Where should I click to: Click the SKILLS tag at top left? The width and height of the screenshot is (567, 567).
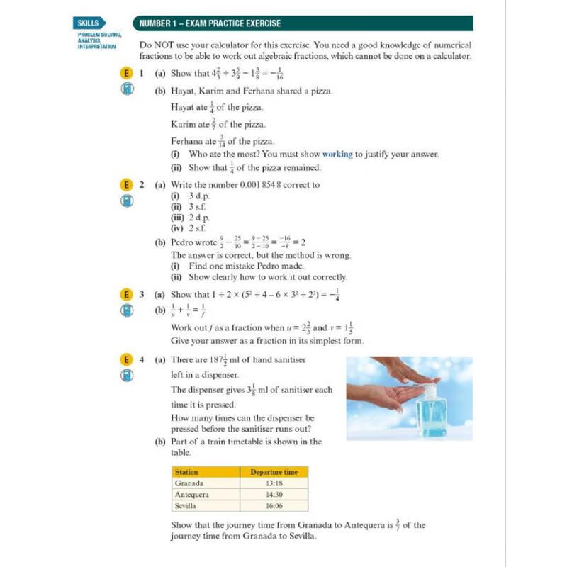click(90, 23)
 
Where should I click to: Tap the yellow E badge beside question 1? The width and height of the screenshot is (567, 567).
click(126, 73)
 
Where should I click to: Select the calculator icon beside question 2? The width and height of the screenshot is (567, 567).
click(126, 201)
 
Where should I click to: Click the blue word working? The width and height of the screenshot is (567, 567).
click(337, 154)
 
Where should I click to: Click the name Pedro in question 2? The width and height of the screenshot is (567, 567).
click(186, 242)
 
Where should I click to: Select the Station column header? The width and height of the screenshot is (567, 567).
click(187, 471)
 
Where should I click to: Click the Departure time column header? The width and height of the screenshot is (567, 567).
click(274, 471)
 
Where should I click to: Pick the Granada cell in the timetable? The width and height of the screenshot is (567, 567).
click(189, 483)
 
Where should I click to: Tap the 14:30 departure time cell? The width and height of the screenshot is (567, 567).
click(274, 495)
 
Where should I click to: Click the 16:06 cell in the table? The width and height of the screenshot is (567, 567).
click(274, 506)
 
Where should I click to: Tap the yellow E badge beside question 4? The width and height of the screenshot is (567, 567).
click(126, 359)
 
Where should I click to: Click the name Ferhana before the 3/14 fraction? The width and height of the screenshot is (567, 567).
click(187, 141)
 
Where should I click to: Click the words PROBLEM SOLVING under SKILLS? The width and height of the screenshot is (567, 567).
click(99, 35)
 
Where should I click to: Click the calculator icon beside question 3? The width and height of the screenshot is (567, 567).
click(126, 310)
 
